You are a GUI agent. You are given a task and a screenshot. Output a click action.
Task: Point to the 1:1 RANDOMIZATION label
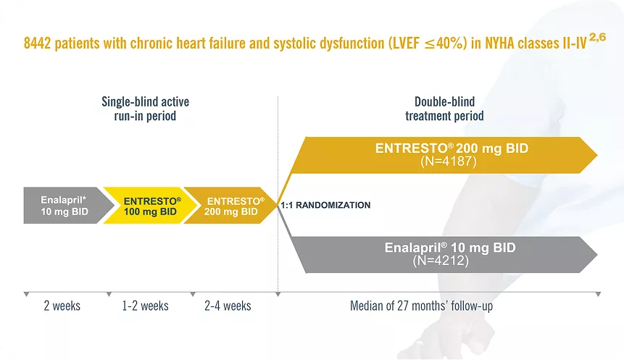[x=325, y=205]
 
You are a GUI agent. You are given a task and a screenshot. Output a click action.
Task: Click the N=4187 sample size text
[x=448, y=162]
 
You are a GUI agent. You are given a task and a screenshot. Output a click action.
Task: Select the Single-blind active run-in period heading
[x=145, y=109]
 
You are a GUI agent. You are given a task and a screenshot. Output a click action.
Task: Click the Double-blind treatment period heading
[x=444, y=109]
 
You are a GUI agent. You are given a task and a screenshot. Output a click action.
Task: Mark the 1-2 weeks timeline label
[x=145, y=306]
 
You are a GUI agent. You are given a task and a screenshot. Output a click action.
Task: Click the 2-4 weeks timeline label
[x=228, y=306]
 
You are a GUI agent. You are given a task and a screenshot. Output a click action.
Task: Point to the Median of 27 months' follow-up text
[x=422, y=306]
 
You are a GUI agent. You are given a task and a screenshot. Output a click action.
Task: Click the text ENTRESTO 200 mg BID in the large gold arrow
[x=452, y=148]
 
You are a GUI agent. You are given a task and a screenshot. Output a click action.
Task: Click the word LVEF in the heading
[x=402, y=43]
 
